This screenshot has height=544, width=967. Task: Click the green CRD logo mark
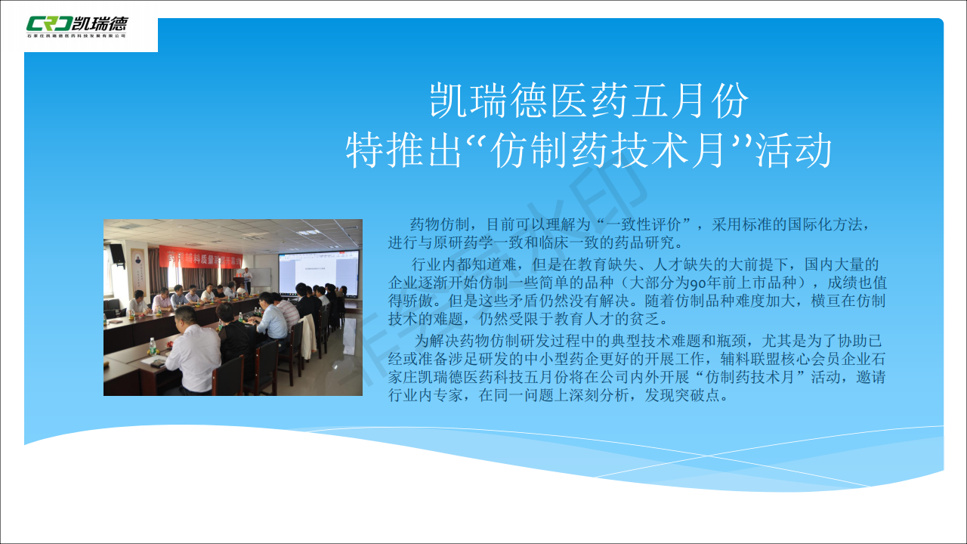pyautogui.click(x=50, y=23)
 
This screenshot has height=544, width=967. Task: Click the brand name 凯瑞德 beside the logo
pyautogui.click(x=101, y=23)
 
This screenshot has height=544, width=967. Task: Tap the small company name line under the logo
pyautogui.click(x=76, y=36)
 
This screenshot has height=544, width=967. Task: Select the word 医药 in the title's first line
pyautogui.click(x=590, y=100)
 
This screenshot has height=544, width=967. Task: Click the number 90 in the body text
pyautogui.click(x=697, y=283)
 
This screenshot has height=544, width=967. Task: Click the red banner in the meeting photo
pyautogui.click(x=201, y=258)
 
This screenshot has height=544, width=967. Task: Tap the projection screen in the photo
pyautogui.click(x=319, y=273)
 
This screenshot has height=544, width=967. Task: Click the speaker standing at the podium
pyautogui.click(x=247, y=280)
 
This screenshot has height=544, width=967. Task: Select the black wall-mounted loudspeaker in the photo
pyautogui.click(x=117, y=254)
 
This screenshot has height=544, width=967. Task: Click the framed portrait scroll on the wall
pyautogui.click(x=138, y=269)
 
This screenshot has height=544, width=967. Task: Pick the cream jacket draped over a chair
pyautogui.click(x=307, y=337)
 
